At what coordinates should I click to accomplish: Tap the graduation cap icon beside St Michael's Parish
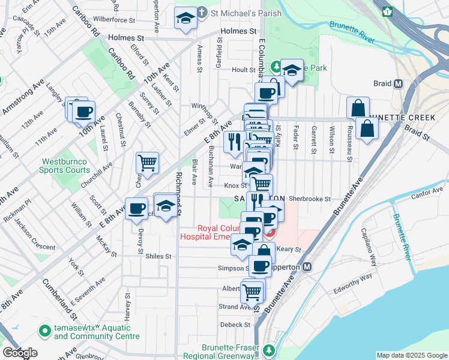tap(186, 19)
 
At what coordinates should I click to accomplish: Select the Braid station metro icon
tap(397, 84)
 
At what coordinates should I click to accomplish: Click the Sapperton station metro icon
tap(307, 266)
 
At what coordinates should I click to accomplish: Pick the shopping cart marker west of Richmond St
tap(147, 162)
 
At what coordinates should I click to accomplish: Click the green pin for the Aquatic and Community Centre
tap(44, 330)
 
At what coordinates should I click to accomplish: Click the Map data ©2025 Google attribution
tap(411, 355)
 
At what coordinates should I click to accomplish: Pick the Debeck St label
tap(235, 325)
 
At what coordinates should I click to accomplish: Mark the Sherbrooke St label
tap(310, 199)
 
